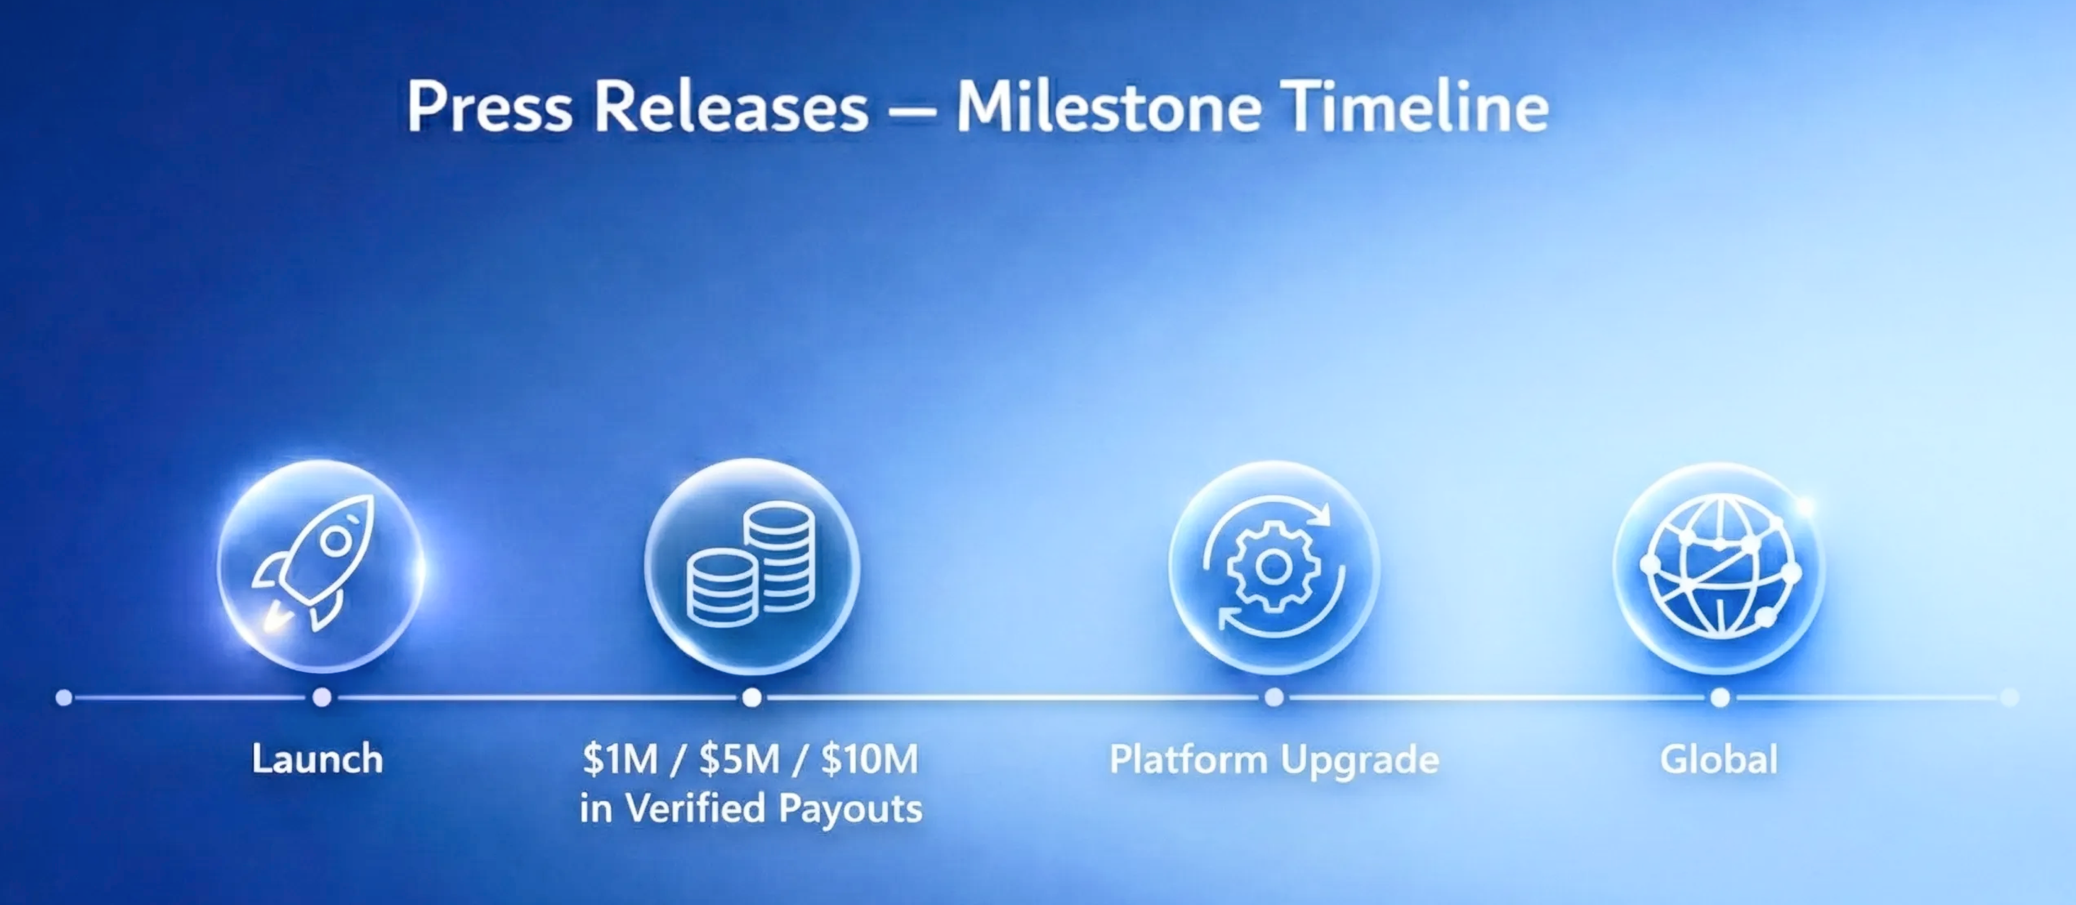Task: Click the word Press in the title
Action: [x=489, y=107]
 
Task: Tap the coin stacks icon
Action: [x=751, y=564]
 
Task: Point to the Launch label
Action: [x=318, y=759]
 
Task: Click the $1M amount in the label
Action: [x=621, y=759]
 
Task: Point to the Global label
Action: [x=1719, y=759]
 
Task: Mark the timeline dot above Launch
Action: [x=322, y=697]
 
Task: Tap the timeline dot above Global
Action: [x=1720, y=697]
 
